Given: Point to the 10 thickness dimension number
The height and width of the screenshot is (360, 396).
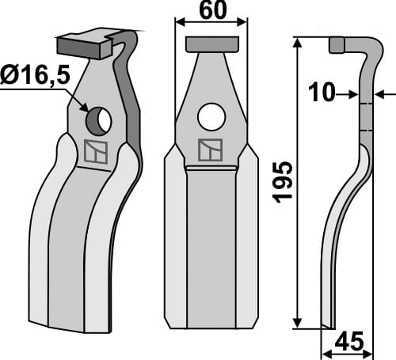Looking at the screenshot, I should point(322,93).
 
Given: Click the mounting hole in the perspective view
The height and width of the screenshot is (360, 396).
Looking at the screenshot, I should point(99,120).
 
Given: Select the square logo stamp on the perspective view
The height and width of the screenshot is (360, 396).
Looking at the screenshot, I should point(95,153).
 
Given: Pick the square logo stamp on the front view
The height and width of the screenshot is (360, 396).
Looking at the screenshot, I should point(211,150).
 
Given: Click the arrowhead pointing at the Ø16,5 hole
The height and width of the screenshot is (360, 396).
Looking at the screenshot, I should point(84,107).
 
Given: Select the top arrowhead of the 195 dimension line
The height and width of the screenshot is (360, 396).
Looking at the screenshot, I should point(298,43).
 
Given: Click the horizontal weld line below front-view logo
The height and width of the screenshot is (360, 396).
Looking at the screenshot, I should point(211,168).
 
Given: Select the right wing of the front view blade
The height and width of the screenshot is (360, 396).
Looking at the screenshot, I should point(248,237).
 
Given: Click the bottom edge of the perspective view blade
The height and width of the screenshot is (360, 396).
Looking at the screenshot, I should point(71,327).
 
